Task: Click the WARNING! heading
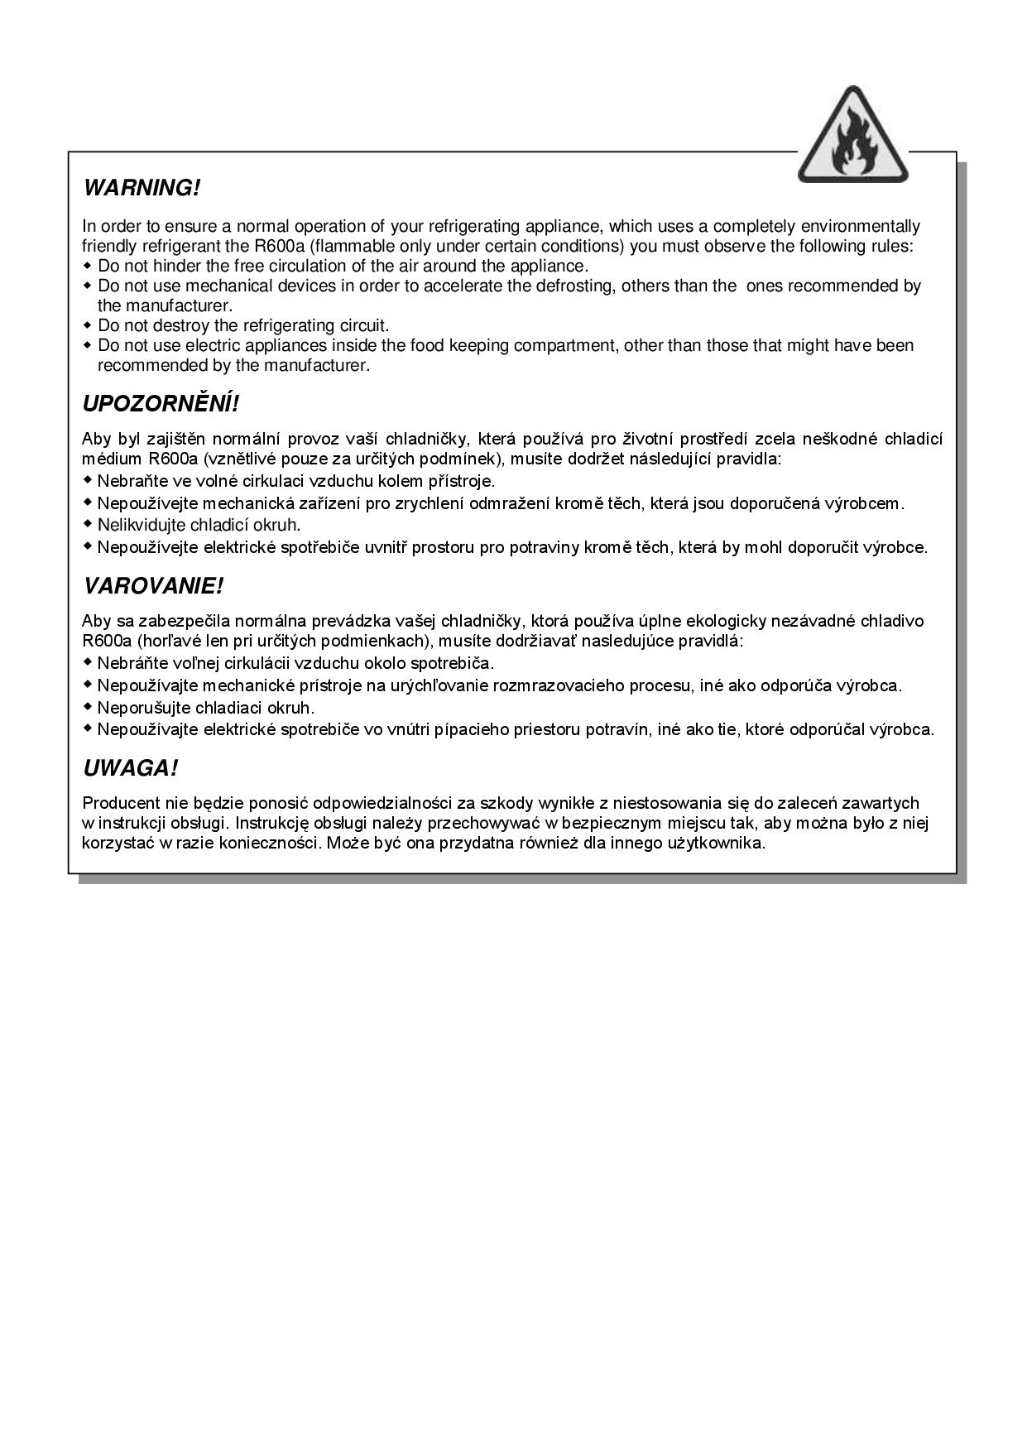click(142, 188)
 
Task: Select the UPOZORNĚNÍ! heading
click(161, 404)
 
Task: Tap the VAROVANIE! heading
click(153, 587)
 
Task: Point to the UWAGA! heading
click(130, 769)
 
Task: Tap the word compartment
click(564, 345)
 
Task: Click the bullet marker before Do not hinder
click(88, 266)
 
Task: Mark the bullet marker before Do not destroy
click(88, 325)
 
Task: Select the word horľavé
click(171, 642)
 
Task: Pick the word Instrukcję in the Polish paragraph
click(274, 823)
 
